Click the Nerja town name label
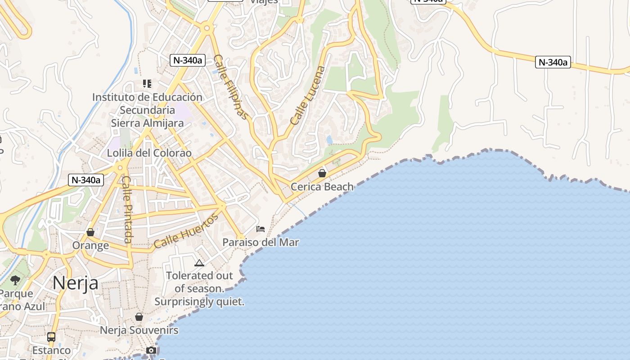coord(75,283)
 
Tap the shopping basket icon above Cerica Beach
coord(322,173)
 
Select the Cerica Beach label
coord(322,186)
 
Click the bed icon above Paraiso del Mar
coord(261,229)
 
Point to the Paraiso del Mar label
coord(261,243)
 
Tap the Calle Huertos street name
coord(186,231)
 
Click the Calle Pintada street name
coord(127,209)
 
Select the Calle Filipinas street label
coord(231,87)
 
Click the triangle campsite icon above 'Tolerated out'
coord(199,263)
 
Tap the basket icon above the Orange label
coord(90,232)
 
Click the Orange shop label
coord(90,246)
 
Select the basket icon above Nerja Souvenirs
coord(139,317)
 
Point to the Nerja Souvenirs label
coord(139,330)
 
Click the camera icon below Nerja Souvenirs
coord(151,350)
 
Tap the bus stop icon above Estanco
coord(51,337)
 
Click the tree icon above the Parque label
coord(15,280)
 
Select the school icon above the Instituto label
coord(147,83)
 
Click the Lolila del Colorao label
coord(149,153)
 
